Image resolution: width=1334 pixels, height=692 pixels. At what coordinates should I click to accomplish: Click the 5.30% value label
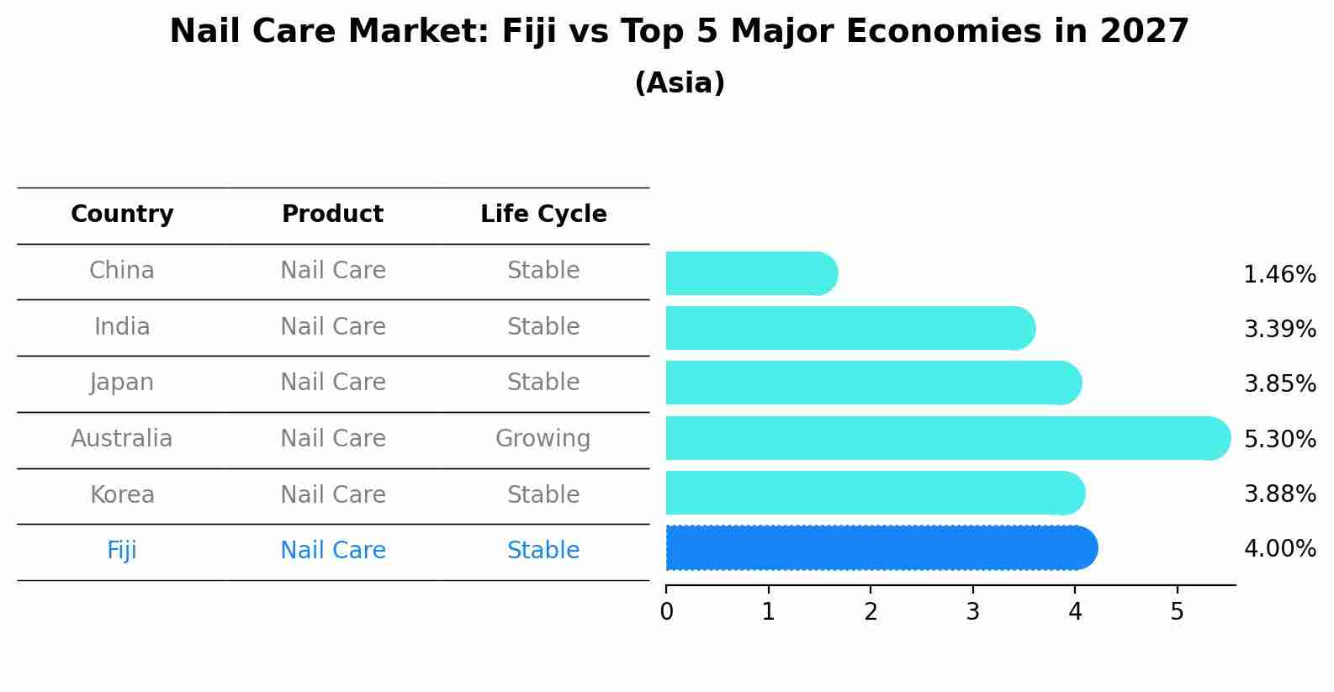click(1279, 439)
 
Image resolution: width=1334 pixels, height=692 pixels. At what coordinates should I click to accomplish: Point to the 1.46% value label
click(1279, 275)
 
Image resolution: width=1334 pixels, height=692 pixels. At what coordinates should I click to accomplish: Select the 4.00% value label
click(1279, 549)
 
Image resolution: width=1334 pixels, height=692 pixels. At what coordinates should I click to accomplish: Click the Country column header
click(122, 214)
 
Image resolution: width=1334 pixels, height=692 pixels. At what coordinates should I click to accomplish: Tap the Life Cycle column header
click(543, 214)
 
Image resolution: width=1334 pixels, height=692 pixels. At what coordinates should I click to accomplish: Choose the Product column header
click(332, 214)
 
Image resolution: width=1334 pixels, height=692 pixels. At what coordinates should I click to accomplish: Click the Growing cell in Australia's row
click(543, 439)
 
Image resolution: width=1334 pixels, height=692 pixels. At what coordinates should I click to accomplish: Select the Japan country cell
click(122, 383)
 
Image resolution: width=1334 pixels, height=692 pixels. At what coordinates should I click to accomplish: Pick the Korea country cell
click(122, 494)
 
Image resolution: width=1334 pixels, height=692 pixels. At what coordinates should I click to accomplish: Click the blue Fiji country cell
click(122, 551)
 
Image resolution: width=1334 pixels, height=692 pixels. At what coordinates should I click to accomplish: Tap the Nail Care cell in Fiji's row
click(332, 551)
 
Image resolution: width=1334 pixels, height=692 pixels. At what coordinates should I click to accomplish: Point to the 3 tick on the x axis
click(972, 612)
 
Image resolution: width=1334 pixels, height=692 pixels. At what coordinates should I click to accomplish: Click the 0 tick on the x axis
click(666, 612)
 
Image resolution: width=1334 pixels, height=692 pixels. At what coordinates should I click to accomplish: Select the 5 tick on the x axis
click(1177, 612)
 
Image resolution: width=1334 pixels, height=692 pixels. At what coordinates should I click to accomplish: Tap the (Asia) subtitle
click(679, 83)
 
